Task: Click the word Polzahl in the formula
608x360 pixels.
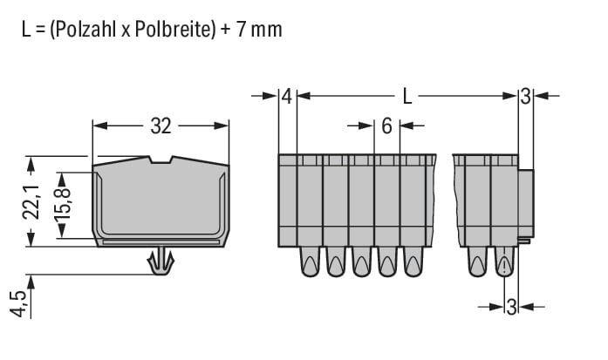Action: click(85, 29)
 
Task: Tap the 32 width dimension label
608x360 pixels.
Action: click(161, 126)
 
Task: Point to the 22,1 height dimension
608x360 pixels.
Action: click(31, 201)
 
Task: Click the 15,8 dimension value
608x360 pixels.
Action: click(63, 207)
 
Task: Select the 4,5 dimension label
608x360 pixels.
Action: click(18, 303)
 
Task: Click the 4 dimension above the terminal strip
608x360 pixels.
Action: click(286, 97)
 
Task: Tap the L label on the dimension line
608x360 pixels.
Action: click(406, 96)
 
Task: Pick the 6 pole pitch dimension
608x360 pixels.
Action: click(386, 126)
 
